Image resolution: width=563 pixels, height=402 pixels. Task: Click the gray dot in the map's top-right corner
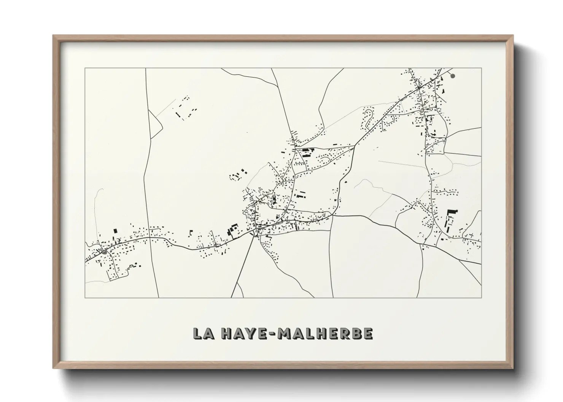pyautogui.click(x=453, y=76)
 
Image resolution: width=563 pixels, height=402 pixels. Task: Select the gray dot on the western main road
pyautogui.click(x=104, y=252)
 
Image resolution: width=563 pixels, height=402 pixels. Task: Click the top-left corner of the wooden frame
pyautogui.click(x=54, y=36)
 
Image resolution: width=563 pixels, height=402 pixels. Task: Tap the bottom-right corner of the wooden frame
pyautogui.click(x=513, y=368)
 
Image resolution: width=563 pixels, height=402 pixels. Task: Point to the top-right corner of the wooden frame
pyautogui.click(x=513, y=36)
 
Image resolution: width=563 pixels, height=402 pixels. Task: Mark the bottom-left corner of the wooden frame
pyautogui.click(x=54, y=368)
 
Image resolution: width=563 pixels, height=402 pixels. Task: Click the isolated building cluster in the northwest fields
pyautogui.click(x=185, y=108)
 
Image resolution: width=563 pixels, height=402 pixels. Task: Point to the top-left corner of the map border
pyautogui.click(x=85, y=68)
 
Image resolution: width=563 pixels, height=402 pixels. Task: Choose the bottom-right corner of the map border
pyautogui.click(x=481, y=298)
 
